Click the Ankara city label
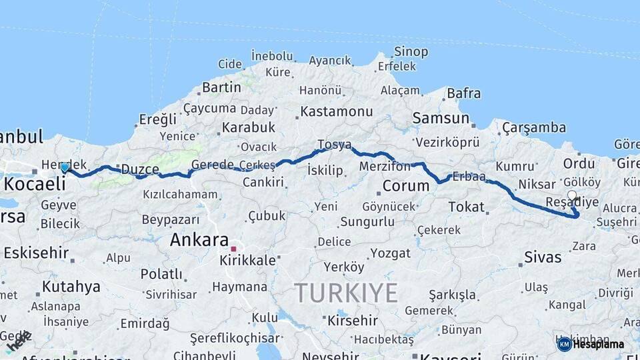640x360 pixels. (199, 240)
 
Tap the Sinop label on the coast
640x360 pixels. (411, 51)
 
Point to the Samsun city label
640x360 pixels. (441, 118)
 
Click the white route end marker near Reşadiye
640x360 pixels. (572, 195)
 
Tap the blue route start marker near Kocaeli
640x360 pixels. (65, 167)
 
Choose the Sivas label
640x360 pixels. (543, 257)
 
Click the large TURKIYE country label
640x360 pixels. (346, 293)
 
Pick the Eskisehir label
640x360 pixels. (36, 253)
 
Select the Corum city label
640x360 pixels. (405, 185)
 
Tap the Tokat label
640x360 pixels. (467, 207)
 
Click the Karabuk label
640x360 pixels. (249, 127)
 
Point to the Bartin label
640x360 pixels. (221, 87)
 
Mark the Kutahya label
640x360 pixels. (71, 287)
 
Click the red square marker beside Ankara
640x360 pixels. (233, 249)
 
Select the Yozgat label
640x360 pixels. (391, 253)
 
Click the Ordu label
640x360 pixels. (579, 163)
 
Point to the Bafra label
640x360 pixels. (463, 93)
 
